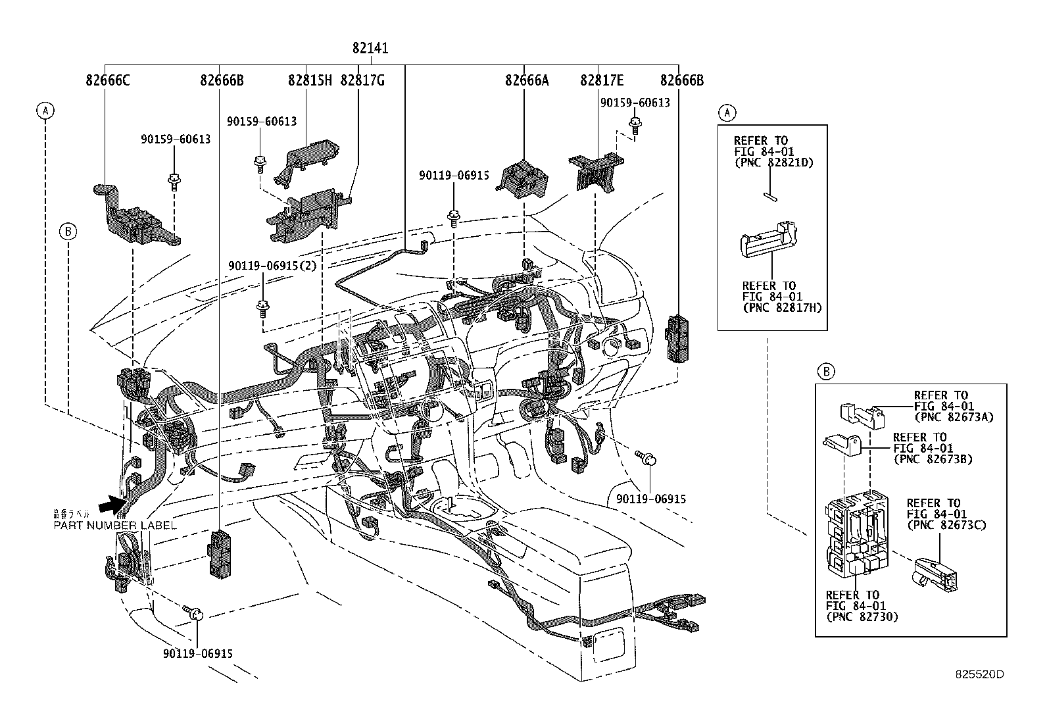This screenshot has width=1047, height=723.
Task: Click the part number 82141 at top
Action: (370, 48)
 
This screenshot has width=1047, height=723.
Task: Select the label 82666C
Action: (108, 80)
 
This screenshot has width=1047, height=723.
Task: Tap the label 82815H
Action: (310, 80)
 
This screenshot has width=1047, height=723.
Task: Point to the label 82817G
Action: (362, 80)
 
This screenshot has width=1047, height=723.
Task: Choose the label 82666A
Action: (527, 80)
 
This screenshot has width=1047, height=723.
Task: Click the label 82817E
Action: (602, 80)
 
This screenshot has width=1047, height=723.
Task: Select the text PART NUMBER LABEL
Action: (115, 525)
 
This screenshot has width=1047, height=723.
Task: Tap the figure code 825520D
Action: (980, 674)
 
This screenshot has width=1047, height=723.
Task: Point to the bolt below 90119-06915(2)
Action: (263, 307)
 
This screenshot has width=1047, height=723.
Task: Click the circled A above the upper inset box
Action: (726, 112)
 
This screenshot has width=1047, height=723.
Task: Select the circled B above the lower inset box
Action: (826, 372)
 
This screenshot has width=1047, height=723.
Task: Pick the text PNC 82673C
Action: (946, 524)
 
